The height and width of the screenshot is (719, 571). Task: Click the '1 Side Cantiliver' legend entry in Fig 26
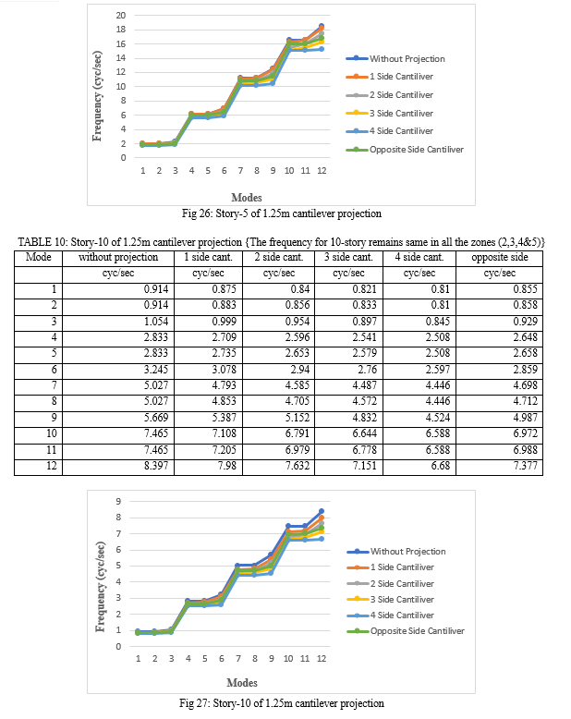pos(390,77)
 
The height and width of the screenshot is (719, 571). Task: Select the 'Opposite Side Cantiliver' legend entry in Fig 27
pos(406,631)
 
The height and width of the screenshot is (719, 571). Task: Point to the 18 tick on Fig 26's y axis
pos(120,30)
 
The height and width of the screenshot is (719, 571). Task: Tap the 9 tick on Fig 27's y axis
pos(118,501)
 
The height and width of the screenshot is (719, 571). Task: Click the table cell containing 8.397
pos(118,467)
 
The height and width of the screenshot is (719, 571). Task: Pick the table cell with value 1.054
pos(118,322)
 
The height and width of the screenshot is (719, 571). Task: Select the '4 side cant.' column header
pos(419,257)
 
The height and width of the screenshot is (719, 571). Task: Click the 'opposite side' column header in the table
pos(500,257)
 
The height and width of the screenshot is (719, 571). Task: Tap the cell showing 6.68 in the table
pos(419,467)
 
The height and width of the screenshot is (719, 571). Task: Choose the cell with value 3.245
pos(118,370)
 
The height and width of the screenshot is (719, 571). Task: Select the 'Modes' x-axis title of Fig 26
pos(247,198)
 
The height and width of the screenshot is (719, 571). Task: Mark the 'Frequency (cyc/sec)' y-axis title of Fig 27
pos(100,587)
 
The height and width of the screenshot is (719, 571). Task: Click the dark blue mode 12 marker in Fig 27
pos(322,511)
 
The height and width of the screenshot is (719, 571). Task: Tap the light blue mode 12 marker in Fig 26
pos(322,49)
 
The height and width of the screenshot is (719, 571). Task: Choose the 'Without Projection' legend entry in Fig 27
pos(396,552)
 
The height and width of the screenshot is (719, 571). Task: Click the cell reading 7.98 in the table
pos(209,467)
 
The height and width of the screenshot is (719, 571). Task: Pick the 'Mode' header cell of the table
pos(39,257)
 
